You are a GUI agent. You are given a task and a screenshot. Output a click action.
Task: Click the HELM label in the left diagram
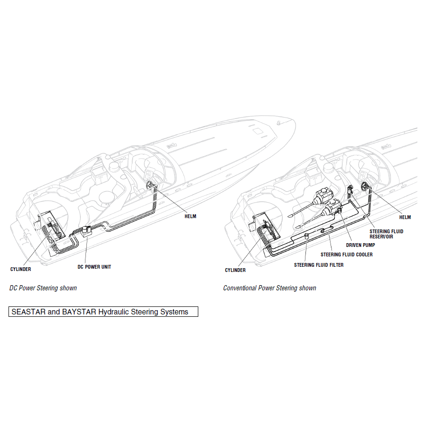(190, 216)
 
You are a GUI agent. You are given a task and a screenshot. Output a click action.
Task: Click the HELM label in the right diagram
(405, 217)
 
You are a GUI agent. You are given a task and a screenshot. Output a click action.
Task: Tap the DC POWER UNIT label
(94, 267)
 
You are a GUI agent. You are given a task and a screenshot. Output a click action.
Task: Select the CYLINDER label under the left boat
(21, 269)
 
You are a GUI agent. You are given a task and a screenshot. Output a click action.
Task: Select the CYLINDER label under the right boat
(235, 270)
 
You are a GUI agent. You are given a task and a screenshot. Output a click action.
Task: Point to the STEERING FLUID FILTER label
(319, 265)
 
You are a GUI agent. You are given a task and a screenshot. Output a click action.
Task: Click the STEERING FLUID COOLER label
(347, 254)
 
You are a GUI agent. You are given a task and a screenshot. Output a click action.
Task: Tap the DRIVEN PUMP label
(360, 245)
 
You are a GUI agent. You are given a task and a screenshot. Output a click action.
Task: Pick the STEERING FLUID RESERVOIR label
(386, 234)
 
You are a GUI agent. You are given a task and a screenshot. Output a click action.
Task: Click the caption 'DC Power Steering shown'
(43, 288)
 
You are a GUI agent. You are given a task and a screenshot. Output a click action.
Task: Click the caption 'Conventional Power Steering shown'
(270, 288)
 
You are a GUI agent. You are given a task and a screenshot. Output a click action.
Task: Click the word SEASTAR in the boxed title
(28, 312)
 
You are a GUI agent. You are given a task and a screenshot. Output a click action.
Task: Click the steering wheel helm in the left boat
(150, 185)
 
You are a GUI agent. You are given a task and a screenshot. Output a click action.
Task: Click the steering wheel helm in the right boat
(364, 186)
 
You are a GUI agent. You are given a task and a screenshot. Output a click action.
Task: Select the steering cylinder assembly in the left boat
(54, 229)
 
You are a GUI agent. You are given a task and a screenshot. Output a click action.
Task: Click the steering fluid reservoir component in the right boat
(350, 190)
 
